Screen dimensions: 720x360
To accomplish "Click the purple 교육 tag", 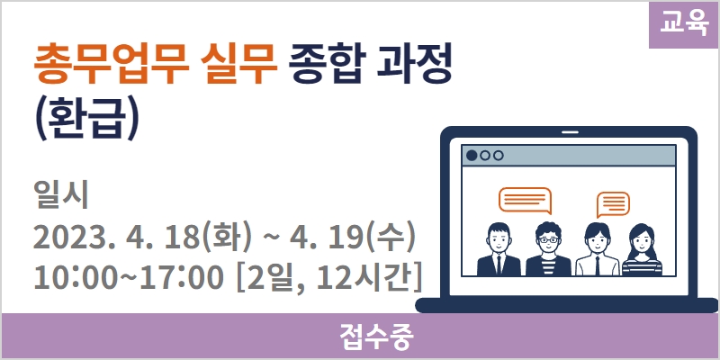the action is click(684, 24).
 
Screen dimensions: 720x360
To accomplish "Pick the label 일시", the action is click(61, 195).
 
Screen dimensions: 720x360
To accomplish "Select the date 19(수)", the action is click(381, 238).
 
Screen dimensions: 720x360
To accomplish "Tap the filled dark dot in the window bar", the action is click(472, 156).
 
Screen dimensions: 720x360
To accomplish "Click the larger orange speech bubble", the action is click(526, 201).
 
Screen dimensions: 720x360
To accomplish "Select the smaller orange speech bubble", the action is click(613, 204).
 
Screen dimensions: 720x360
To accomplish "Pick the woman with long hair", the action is click(642, 250).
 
